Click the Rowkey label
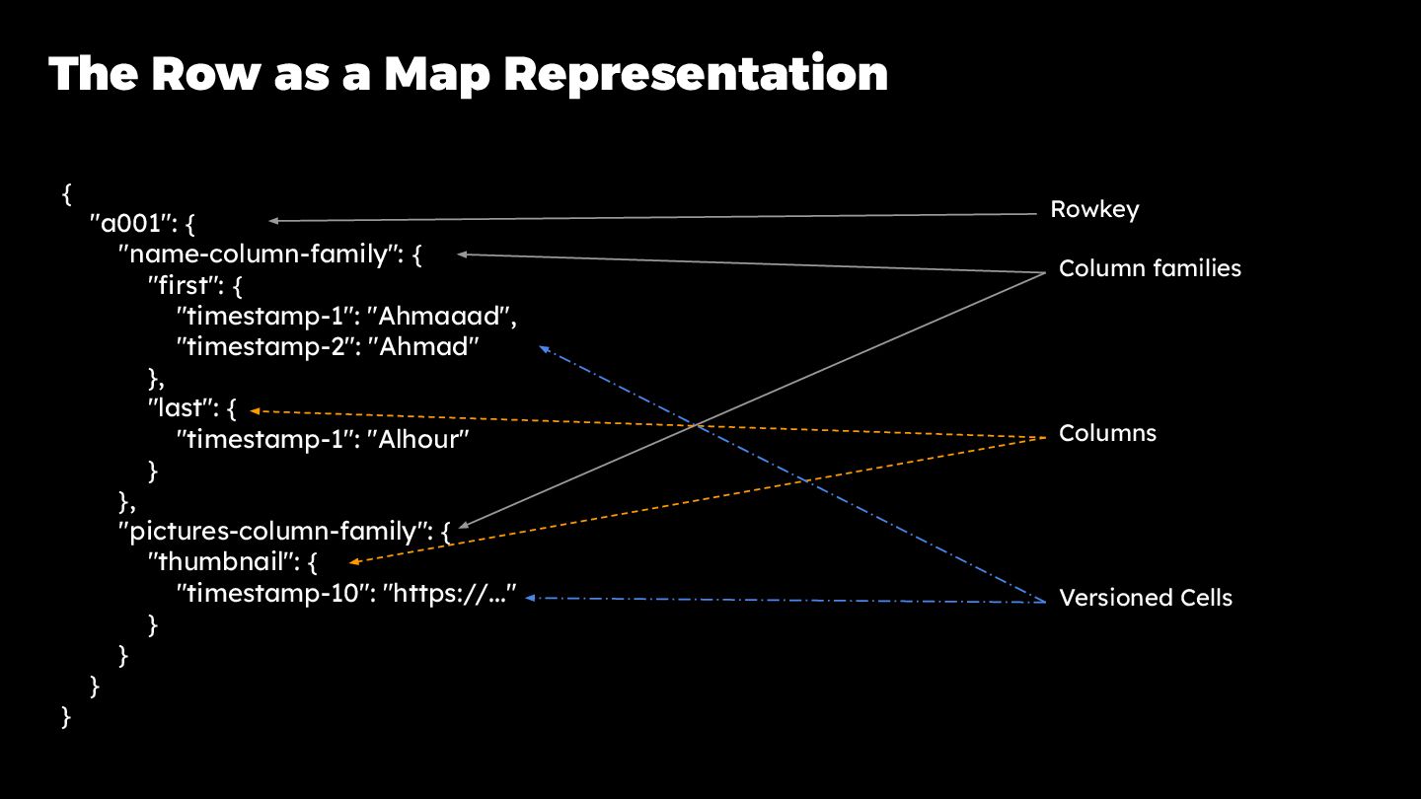1093,209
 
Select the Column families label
1150,268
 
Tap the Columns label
1107,433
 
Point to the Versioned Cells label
1145,598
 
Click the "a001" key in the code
132,223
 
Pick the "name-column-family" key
258,254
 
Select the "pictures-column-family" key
277,532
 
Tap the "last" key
182,409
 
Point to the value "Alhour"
422,440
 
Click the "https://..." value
450,594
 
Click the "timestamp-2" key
265,347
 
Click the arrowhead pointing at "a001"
275,221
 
